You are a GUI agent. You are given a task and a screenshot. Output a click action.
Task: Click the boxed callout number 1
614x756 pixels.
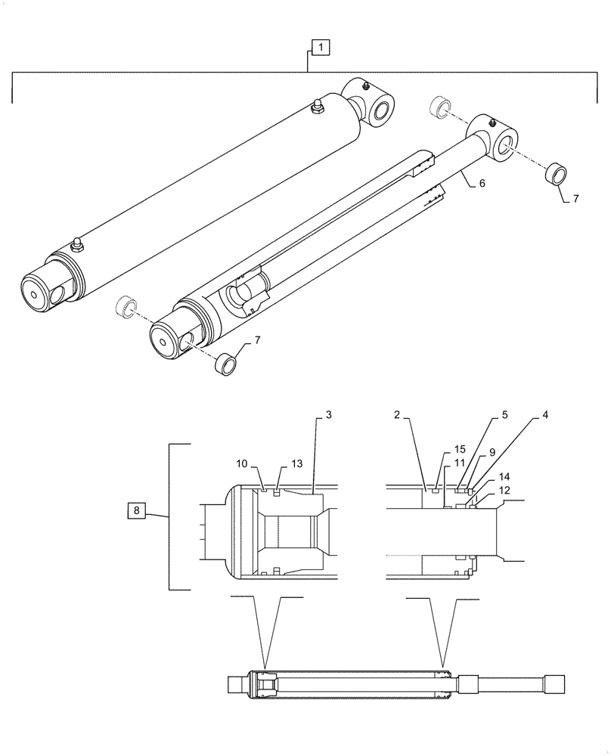click(320, 48)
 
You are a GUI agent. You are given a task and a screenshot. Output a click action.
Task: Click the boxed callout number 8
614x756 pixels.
click(136, 512)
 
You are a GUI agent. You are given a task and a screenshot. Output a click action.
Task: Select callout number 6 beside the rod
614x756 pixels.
click(481, 182)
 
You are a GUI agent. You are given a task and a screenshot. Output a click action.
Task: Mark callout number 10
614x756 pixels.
click(240, 463)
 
